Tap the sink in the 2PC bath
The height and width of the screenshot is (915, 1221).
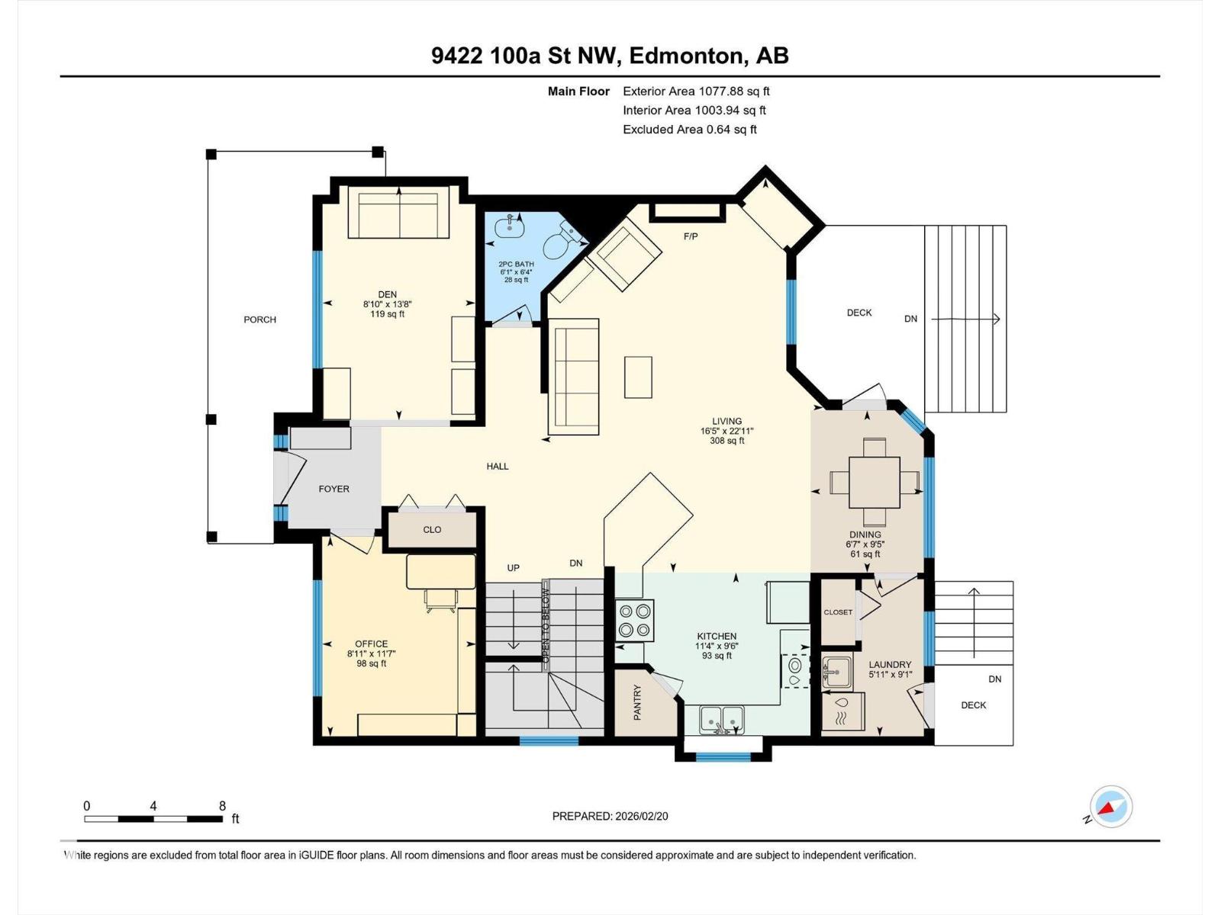point(508,226)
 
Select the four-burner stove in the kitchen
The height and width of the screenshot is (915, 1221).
point(635,621)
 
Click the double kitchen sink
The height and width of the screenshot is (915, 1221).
point(722,719)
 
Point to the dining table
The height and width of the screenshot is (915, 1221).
point(875,482)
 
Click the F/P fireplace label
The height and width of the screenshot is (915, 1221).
point(691,236)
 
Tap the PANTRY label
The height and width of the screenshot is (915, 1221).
point(637,702)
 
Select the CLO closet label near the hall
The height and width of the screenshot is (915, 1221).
point(432,529)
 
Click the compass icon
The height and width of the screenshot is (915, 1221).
point(1111,807)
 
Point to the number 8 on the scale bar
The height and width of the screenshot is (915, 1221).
point(223,805)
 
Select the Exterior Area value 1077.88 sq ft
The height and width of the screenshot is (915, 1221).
point(734,91)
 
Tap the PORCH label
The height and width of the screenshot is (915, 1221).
point(259,319)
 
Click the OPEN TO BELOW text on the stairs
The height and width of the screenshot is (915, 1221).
point(546,626)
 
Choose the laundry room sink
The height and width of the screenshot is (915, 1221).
point(836,671)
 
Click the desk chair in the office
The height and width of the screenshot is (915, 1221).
point(441,601)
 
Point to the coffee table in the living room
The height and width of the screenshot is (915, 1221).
point(638,377)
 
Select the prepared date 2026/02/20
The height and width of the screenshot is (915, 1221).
point(641,816)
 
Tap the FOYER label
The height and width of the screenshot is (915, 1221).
point(333,489)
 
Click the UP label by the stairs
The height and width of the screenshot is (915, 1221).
point(513,568)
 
